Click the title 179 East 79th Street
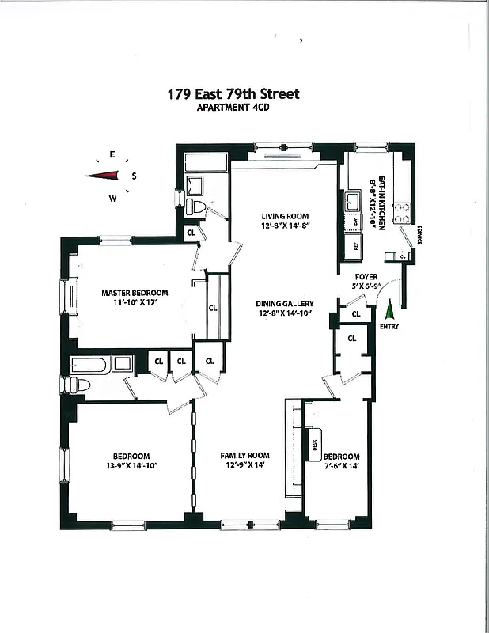coord(233,94)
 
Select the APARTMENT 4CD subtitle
coord(233,109)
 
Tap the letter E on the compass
coord(112,155)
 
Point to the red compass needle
coord(102,176)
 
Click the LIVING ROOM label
coord(285,216)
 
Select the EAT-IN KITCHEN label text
coord(381,203)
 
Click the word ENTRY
coord(390,326)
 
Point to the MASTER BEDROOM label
coord(135,293)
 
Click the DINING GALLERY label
coord(285,303)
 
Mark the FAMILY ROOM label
coord(244,456)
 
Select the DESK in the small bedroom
coord(313,445)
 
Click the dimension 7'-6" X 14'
coord(341,467)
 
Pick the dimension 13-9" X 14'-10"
coord(131,466)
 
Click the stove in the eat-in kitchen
coord(402,212)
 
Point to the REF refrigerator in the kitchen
coord(357,245)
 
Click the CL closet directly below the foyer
coord(355,314)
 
